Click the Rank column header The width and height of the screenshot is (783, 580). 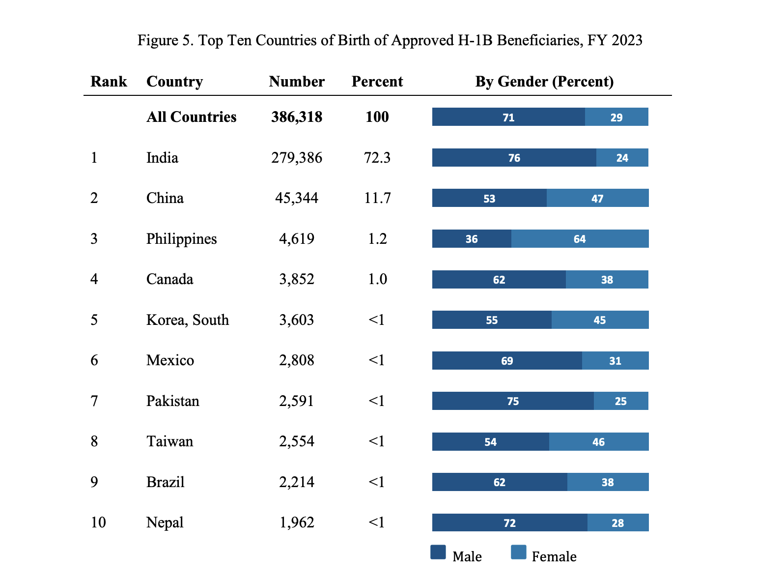point(109,82)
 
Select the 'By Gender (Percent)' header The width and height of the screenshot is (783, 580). point(544,82)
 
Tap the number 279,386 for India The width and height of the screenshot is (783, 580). point(297,158)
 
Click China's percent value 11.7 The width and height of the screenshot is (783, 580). point(377,198)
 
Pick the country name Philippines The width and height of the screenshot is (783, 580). point(181,239)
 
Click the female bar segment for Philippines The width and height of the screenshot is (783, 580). point(580,239)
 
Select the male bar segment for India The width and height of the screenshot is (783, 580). point(514,158)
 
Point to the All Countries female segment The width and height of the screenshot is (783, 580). point(616,117)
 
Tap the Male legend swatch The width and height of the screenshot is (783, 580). point(438,552)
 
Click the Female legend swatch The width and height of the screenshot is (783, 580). point(519,552)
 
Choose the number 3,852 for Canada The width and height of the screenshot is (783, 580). point(297,279)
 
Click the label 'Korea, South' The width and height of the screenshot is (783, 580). point(188,320)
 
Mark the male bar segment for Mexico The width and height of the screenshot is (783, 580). point(507,361)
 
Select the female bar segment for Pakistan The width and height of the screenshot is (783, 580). point(621,401)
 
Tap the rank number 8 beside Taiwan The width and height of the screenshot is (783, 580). point(94,441)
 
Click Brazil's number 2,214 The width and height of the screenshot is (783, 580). point(297,482)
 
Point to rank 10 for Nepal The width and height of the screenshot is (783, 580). point(98,522)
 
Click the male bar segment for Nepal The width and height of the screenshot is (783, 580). point(509,522)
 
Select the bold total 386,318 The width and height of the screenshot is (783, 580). point(297,117)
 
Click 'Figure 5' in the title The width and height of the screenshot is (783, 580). point(165,40)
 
